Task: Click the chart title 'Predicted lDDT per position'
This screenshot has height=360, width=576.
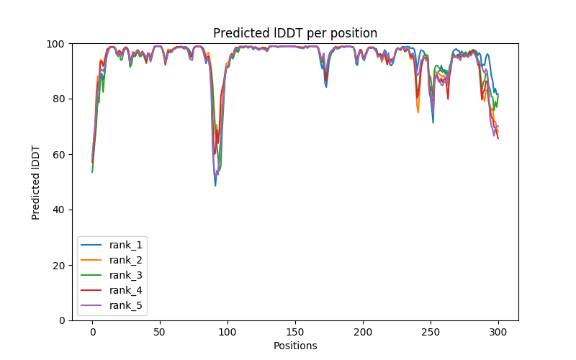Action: point(295,33)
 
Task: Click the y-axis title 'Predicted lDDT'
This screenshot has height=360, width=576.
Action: point(36,181)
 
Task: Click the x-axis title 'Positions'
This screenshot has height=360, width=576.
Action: point(295,346)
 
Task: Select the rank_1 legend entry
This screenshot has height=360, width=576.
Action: point(127,245)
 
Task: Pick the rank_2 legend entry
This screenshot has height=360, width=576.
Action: point(127,260)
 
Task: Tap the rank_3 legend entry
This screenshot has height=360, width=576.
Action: point(127,275)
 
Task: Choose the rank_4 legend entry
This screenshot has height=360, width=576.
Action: point(127,290)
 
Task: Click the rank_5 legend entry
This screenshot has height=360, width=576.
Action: point(127,305)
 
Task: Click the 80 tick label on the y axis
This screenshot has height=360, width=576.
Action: point(60,99)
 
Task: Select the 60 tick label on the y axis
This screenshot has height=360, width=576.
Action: point(60,155)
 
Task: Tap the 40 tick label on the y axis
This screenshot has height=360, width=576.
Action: point(60,210)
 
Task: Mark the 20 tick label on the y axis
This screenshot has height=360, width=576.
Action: point(60,265)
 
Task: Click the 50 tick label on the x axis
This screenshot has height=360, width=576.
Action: point(160,333)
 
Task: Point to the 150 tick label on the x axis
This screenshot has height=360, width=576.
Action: point(295,333)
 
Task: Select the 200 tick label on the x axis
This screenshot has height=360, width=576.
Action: point(363,333)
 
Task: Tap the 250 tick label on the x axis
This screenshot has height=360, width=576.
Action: point(431,333)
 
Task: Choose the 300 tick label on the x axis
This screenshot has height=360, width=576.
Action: point(498,333)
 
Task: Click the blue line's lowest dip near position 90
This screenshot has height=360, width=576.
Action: point(215,186)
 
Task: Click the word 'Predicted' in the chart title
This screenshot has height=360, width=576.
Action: point(236,33)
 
